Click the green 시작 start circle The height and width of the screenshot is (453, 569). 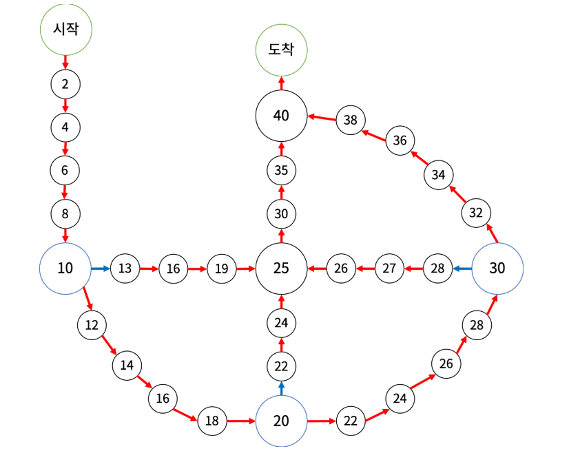pyautogui.click(x=65, y=29)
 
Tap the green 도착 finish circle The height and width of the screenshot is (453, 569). pyautogui.click(x=281, y=50)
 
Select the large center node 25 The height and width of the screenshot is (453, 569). pyautogui.click(x=281, y=268)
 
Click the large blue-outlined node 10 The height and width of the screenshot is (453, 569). pyautogui.click(x=65, y=268)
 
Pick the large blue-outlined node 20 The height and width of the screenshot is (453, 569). pyautogui.click(x=281, y=421)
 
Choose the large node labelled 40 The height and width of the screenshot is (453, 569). pyautogui.click(x=281, y=116)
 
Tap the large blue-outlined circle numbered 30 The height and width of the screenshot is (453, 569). pyautogui.click(x=497, y=268)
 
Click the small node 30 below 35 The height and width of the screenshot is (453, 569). pyautogui.click(x=281, y=213)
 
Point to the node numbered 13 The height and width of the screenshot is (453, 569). pyautogui.click(x=125, y=268)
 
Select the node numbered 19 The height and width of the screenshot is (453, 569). pyautogui.click(x=221, y=268)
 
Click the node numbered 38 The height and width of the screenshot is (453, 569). pyautogui.click(x=351, y=120)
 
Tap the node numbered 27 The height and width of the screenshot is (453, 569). pyautogui.click(x=389, y=268)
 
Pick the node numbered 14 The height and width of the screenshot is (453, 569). pyautogui.click(x=127, y=365)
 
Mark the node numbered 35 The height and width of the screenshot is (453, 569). pyautogui.click(x=281, y=170)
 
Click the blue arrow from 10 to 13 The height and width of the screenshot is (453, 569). pyautogui.click(x=101, y=268)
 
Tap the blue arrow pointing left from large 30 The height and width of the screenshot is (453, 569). pyautogui.click(x=462, y=268)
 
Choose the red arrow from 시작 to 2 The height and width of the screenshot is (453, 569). pyautogui.click(x=65, y=63)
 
